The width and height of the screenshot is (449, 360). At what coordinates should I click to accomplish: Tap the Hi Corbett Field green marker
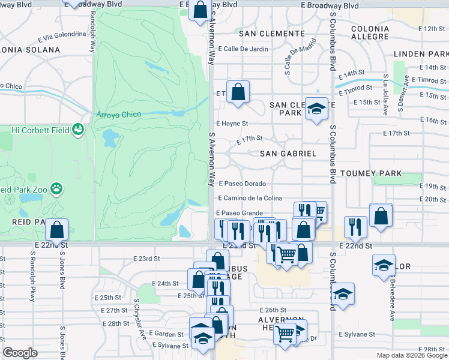[x=77, y=128]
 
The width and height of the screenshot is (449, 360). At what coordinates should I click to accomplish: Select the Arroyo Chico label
[x=118, y=115]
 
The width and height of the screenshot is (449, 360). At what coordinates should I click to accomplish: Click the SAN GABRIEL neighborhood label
[x=288, y=154]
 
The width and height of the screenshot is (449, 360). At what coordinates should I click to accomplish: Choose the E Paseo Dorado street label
[x=242, y=184]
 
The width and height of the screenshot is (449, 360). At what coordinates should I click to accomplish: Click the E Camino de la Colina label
[x=251, y=199]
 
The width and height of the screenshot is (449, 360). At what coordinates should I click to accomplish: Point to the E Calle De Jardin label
[x=243, y=49]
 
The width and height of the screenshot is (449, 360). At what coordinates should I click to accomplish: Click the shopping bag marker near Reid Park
[x=56, y=229]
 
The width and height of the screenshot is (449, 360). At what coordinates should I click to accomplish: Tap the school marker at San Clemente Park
[x=316, y=109]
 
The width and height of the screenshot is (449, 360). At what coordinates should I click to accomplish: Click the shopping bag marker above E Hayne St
[x=238, y=92]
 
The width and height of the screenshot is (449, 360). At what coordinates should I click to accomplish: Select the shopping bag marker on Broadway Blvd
[x=200, y=10]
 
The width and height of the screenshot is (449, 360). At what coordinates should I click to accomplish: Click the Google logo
[x=20, y=353]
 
